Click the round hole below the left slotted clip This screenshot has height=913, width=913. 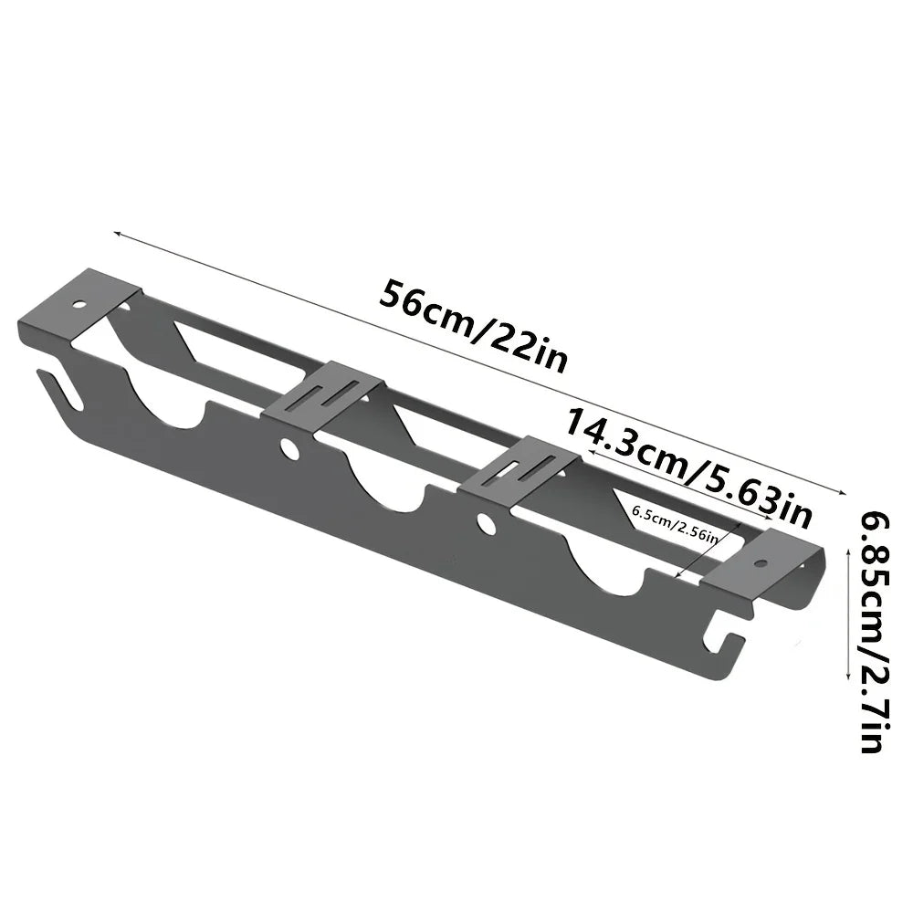point(289,449)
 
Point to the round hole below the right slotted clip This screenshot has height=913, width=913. point(486,524)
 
